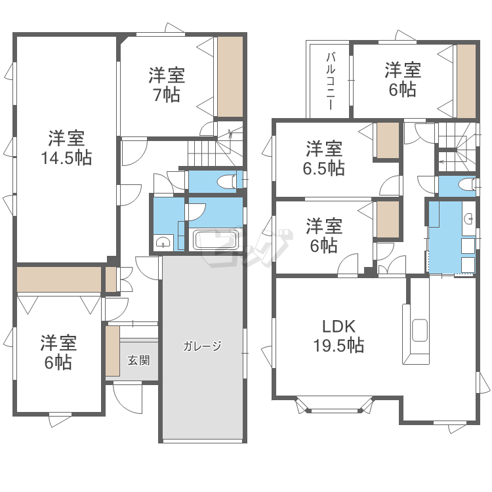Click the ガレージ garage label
tap(203, 346)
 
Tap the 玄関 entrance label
tap(138, 360)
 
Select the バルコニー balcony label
tap(330, 81)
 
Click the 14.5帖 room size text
tap(66, 158)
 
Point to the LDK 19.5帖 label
tap(339, 336)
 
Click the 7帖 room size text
tap(167, 94)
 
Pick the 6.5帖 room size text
tap(324, 168)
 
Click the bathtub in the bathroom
tap(216, 240)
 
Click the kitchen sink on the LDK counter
tap(420, 330)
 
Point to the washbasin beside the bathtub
tap(163, 242)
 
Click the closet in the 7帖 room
tap(230, 77)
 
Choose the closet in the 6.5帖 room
tap(388, 140)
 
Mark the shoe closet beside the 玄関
tap(113, 351)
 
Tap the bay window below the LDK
tap(335, 405)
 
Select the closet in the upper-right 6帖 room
tap(466, 81)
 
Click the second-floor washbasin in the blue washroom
tap(470, 218)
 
